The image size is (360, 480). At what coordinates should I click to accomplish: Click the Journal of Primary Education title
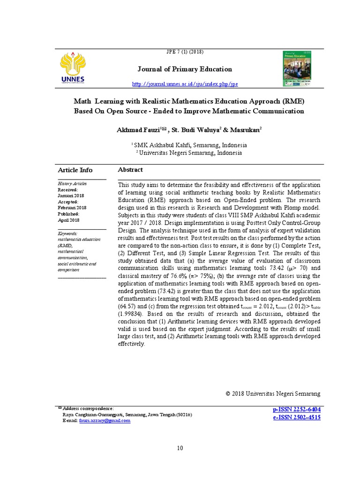point(185,69)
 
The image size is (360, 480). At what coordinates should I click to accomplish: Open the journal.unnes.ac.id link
point(185,84)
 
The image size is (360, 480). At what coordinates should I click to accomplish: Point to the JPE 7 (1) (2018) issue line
point(185,52)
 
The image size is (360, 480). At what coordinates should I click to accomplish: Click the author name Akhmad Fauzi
point(136,129)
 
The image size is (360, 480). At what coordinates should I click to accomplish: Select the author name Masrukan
point(240,129)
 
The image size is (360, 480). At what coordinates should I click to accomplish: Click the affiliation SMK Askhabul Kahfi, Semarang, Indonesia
point(189,145)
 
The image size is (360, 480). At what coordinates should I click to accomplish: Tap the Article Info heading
point(75,170)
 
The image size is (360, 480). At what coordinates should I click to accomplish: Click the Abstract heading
point(130,170)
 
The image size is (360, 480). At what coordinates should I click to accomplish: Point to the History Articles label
point(72,184)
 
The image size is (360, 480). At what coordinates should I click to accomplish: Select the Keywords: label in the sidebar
point(68,233)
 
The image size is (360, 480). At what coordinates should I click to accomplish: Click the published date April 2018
point(68,220)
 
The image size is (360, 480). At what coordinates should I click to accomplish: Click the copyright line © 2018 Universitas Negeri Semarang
point(273,393)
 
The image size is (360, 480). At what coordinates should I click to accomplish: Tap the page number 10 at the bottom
point(180,448)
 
